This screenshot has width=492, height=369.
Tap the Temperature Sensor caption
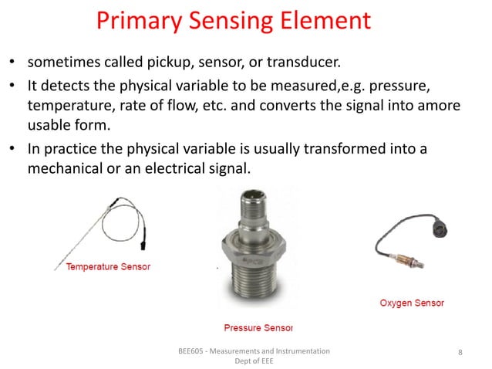(107, 267)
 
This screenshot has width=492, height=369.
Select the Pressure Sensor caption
(258, 327)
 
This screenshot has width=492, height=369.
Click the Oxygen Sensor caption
(412, 303)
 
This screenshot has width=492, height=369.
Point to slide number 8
(460, 352)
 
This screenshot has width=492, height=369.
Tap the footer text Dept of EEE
(253, 361)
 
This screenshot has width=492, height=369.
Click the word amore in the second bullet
(440, 105)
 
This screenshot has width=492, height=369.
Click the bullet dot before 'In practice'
(13, 149)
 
